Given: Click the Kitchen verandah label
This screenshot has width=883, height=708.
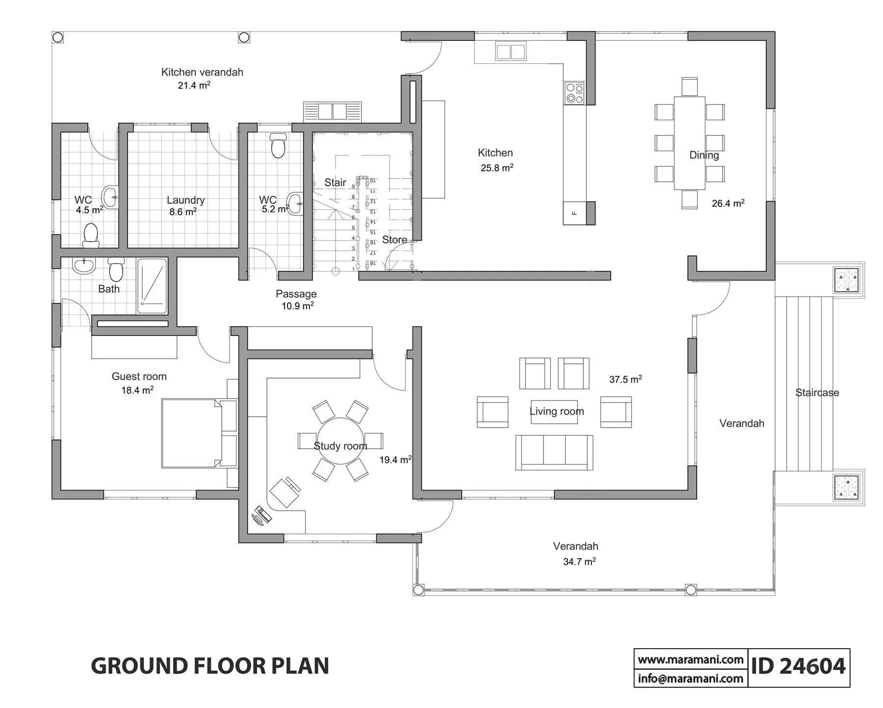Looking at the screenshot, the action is [x=202, y=72].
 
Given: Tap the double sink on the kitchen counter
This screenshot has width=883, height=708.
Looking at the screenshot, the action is [x=511, y=52].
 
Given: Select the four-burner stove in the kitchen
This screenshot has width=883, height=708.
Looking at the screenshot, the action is [x=574, y=93].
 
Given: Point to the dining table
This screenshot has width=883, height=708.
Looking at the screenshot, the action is [x=689, y=143].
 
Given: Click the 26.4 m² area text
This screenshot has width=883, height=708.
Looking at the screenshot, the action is [x=728, y=203].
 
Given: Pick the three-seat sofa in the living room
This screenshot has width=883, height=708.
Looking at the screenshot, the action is [x=554, y=452].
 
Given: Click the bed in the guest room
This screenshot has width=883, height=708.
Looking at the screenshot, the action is [x=199, y=433].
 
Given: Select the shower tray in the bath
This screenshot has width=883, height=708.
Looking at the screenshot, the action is [x=152, y=286].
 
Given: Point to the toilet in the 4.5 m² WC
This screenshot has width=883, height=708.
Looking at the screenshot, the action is [x=91, y=236].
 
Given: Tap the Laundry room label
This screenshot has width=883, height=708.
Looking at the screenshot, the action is [x=185, y=200].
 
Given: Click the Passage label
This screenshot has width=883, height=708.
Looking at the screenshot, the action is [x=296, y=294].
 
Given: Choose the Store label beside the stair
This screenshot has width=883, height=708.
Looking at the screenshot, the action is [x=394, y=240].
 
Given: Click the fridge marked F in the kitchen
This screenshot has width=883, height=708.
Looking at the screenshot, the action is [x=574, y=213].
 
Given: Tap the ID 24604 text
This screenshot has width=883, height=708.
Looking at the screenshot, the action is [x=799, y=666].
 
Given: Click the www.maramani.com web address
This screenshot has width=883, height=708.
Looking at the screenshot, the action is [x=691, y=659].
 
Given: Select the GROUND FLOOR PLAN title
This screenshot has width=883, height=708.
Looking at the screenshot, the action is [x=210, y=666].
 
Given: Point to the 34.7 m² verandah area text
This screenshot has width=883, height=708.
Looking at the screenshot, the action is [x=579, y=561].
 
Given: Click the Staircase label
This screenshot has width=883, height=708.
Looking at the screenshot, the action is [x=817, y=392].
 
